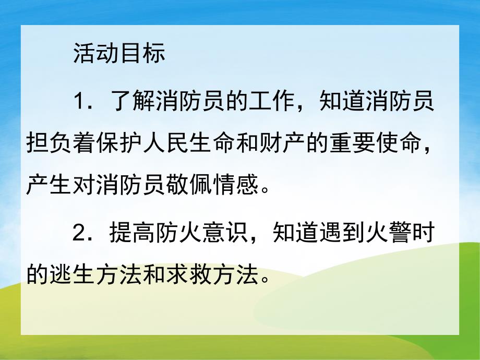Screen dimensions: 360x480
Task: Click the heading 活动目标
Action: tap(119, 54)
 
